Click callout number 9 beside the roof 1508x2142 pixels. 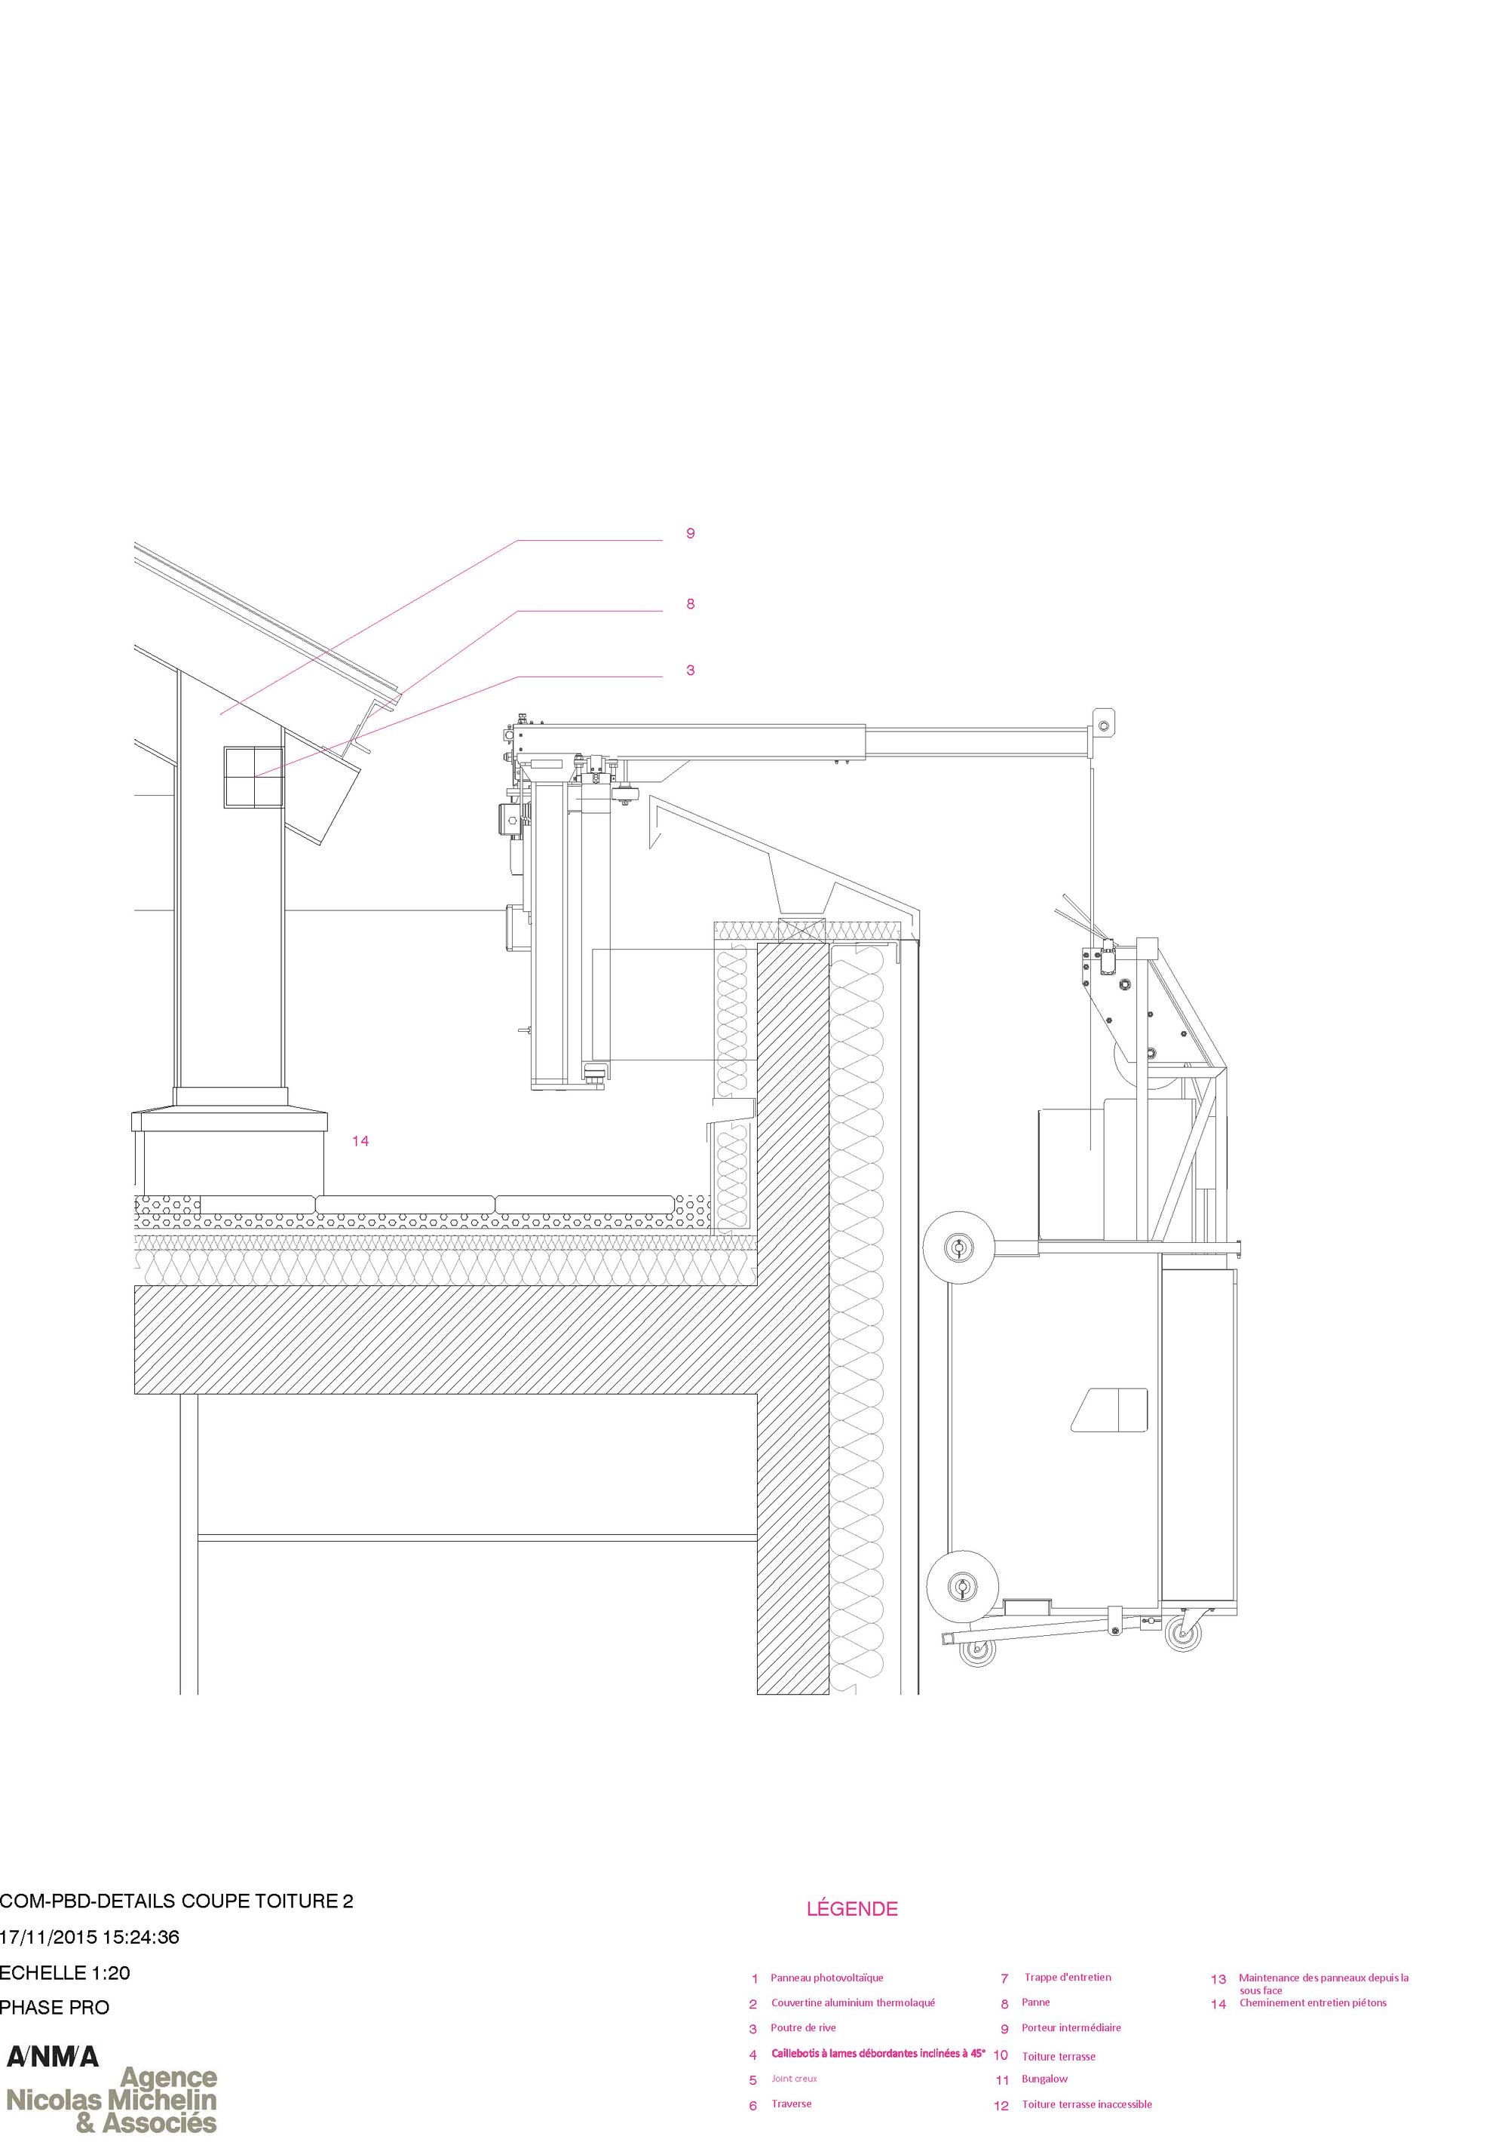(x=690, y=534)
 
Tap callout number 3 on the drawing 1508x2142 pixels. (x=690, y=670)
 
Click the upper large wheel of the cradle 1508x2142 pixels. (x=958, y=1247)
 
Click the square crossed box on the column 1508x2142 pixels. (x=253, y=777)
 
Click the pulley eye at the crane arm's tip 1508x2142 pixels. (x=1103, y=724)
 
